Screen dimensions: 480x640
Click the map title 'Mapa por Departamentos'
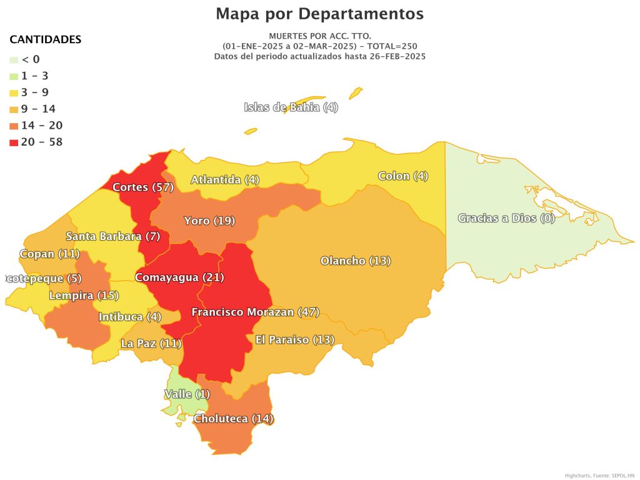pos(319,14)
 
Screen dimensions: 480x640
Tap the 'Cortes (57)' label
pos(138,187)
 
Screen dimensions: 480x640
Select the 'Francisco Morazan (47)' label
pos(255,312)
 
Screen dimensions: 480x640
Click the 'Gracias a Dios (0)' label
pos(506,218)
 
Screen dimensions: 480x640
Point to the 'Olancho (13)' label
pos(355,261)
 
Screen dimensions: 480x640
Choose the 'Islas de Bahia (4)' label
pos(291,107)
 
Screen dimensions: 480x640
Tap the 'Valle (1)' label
pos(187,394)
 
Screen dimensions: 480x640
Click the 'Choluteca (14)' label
pos(233,419)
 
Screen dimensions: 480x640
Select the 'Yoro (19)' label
pos(209,221)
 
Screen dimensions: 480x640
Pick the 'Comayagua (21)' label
pos(179,277)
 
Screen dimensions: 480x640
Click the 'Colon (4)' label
pos(402,176)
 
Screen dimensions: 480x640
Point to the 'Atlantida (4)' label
pos(224,180)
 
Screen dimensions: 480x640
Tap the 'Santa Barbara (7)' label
pos(113,237)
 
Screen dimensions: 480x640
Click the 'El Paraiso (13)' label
pos(294,340)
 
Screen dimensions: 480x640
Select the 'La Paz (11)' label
pos(151,343)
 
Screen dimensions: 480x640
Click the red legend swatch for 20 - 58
pos(14,142)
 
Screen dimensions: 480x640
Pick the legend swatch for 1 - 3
pos(14,76)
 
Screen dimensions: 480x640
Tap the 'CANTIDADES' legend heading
pos(45,40)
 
